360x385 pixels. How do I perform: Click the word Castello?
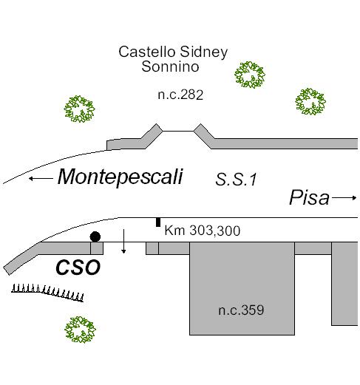click(x=147, y=52)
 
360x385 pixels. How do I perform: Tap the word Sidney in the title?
click(x=203, y=52)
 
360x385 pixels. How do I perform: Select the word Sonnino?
click(x=170, y=67)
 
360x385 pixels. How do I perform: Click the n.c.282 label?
click(x=180, y=95)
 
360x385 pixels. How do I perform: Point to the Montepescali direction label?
click(x=120, y=177)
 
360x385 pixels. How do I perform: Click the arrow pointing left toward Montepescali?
click(x=41, y=178)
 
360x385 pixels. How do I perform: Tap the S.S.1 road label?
click(x=236, y=180)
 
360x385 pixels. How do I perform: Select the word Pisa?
click(x=309, y=197)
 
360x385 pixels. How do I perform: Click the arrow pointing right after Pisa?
click(x=344, y=197)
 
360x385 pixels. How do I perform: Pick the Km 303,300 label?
click(x=202, y=231)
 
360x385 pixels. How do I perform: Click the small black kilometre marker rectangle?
click(x=158, y=222)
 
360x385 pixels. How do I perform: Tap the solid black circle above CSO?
click(x=95, y=236)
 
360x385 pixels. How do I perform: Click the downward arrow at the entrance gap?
click(x=123, y=241)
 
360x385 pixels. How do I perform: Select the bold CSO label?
click(x=78, y=268)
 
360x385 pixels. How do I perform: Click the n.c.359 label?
click(x=241, y=310)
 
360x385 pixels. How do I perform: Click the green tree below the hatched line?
click(x=80, y=330)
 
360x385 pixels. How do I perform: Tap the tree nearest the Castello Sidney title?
click(x=250, y=75)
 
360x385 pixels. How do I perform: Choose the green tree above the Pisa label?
click(x=310, y=102)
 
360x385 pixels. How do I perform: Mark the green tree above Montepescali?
click(x=79, y=109)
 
